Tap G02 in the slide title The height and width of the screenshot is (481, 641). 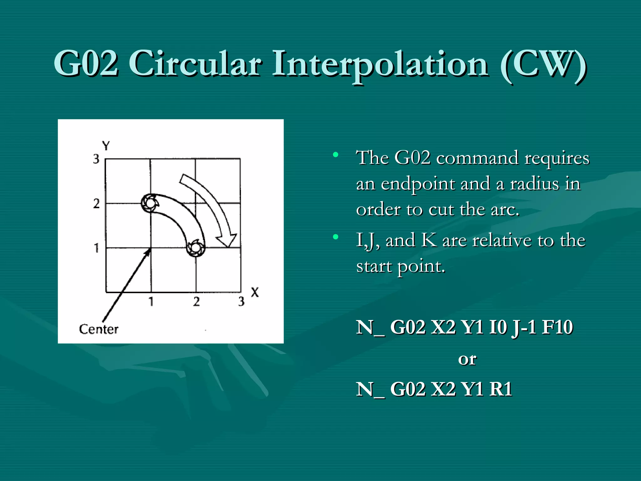86,64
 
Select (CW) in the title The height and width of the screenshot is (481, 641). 543,64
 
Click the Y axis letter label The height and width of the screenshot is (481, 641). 106,146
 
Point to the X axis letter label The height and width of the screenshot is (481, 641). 255,292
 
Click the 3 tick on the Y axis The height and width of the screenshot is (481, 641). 96,159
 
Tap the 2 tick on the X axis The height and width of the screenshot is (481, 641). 196,302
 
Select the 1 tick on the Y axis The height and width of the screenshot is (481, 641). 96,248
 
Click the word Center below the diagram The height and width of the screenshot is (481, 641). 99,329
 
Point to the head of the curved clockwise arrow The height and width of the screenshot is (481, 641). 228,241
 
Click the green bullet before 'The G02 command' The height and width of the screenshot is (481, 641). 336,154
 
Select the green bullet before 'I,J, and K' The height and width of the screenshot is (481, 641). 336,237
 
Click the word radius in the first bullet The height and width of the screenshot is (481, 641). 534,184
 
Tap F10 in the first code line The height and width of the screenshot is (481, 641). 557,327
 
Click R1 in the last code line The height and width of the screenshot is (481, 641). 501,389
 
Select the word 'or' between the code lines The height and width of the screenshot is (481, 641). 467,359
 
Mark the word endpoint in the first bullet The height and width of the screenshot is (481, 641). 418,184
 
